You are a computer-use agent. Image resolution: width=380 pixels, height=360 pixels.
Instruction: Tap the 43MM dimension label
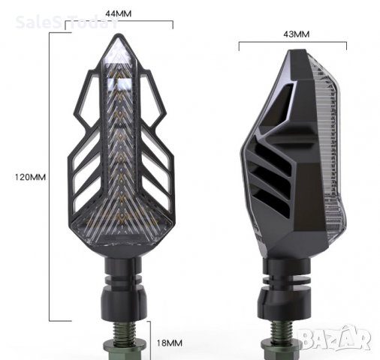coord(295,34)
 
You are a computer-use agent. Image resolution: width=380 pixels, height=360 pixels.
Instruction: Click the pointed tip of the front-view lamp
coord(121,41)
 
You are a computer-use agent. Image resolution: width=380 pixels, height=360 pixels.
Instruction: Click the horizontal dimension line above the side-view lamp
coord(295,46)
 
